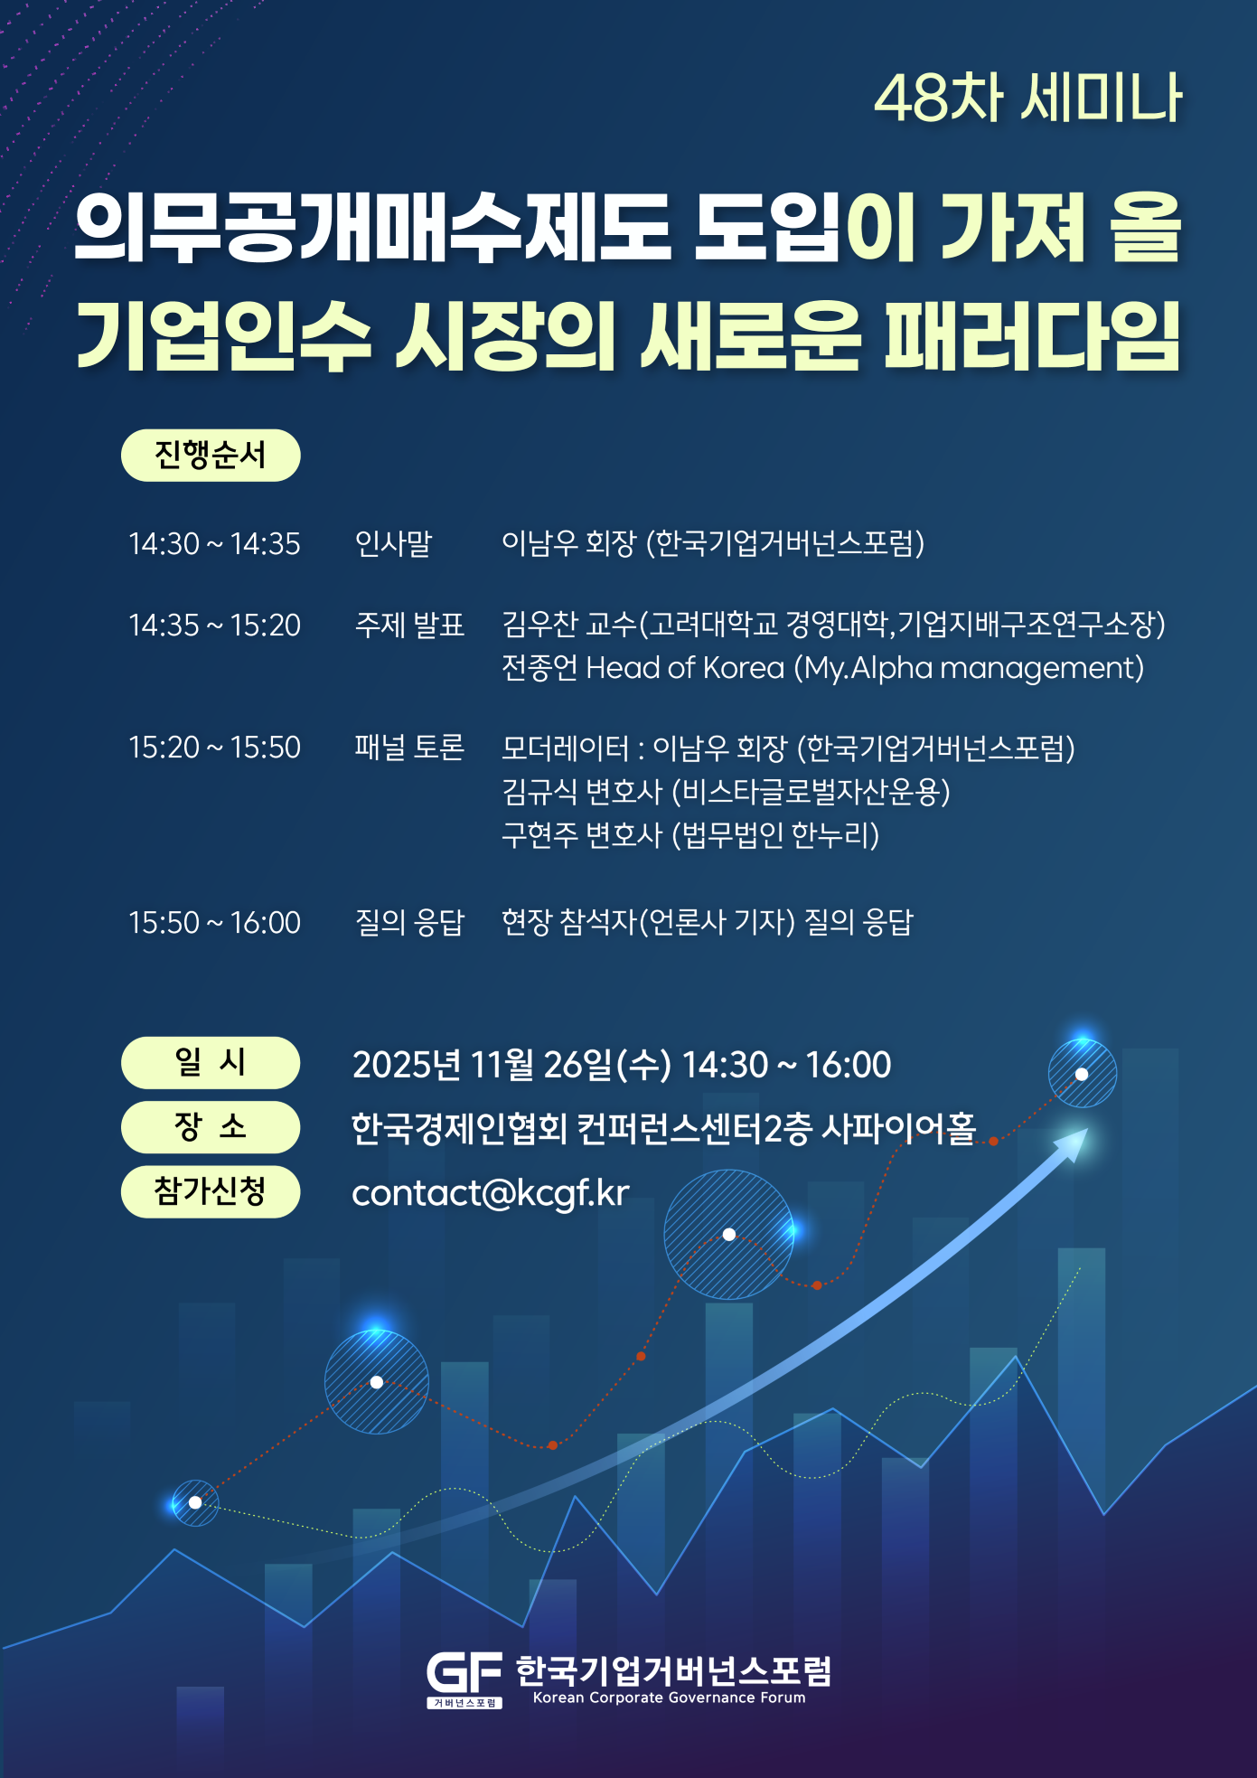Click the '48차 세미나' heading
1027,98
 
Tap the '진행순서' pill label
211,455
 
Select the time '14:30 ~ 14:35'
214,543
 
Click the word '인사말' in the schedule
394,543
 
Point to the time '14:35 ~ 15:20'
214,625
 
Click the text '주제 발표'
409,625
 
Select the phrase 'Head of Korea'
685,668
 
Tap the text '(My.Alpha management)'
969,669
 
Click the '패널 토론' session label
409,748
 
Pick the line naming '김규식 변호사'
726,792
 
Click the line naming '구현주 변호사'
690,835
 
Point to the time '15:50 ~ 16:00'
214,922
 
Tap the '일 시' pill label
211,1062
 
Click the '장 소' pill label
211,1126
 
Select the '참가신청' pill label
211,1191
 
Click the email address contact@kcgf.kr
490,1193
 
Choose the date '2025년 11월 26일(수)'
511,1065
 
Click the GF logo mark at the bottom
464,1679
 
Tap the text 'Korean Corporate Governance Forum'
669,1698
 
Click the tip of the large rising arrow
1087,1129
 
